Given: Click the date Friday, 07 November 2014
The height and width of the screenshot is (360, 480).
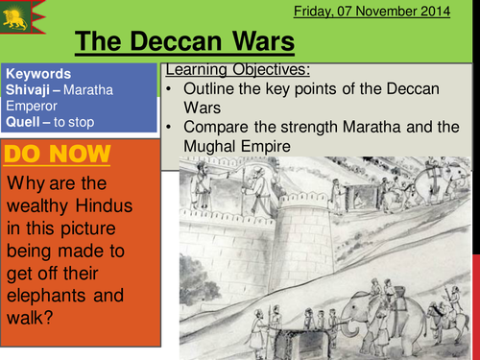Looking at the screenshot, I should (x=395, y=11).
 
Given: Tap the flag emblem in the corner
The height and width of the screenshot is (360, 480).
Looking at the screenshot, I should (x=23, y=15).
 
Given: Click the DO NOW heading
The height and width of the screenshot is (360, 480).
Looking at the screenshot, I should (x=58, y=155).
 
